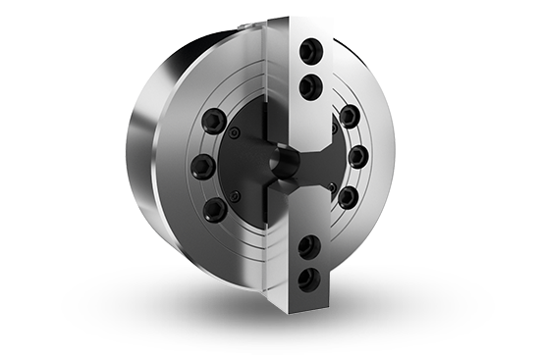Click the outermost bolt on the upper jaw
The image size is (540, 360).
(x=313, y=50)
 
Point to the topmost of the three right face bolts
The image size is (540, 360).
(x=349, y=119)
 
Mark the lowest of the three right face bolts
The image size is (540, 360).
(x=349, y=194)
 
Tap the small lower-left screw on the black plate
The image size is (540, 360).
(x=237, y=194)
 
